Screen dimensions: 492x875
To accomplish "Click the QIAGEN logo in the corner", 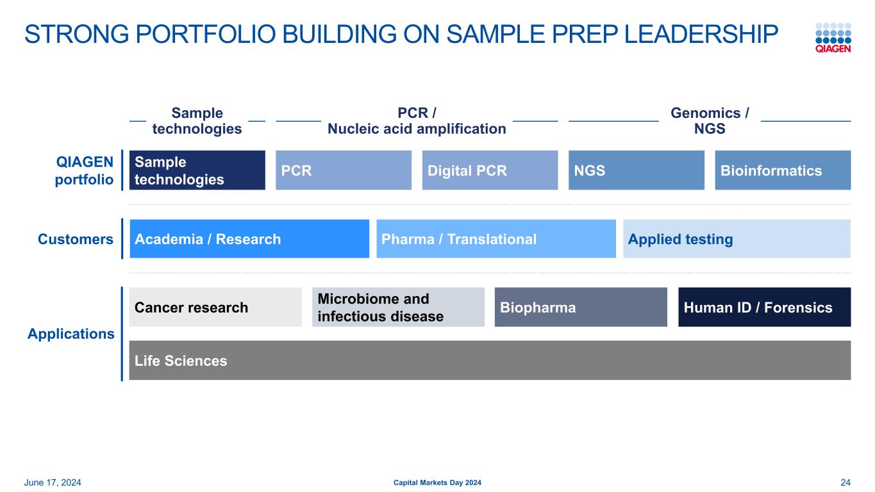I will pyautogui.click(x=833, y=38).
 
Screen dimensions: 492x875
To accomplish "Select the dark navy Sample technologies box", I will pyautogui.click(x=197, y=170).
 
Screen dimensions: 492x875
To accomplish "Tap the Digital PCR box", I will pyautogui.click(x=490, y=170).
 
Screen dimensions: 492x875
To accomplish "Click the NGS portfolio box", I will pyautogui.click(x=636, y=170).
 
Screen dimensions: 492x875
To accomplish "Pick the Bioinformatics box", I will pyautogui.click(x=782, y=170).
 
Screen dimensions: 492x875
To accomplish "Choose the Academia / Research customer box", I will pyautogui.click(x=249, y=239).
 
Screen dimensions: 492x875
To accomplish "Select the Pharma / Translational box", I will pyautogui.click(x=496, y=239).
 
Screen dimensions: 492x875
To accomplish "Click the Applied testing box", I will pyautogui.click(x=737, y=239).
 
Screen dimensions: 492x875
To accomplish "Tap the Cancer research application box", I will pyautogui.click(x=215, y=307).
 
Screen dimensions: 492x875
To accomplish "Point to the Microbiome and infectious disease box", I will pyautogui.click(x=398, y=307).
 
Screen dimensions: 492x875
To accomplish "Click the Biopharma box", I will pyautogui.click(x=581, y=307).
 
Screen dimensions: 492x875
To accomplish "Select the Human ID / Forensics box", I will pyautogui.click(x=764, y=307).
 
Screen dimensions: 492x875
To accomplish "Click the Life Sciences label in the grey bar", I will pyautogui.click(x=181, y=361).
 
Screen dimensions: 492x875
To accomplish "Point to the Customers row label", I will pyautogui.click(x=76, y=239).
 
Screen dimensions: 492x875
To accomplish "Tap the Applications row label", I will pyautogui.click(x=71, y=334).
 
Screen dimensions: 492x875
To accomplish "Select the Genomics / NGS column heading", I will pyautogui.click(x=710, y=121).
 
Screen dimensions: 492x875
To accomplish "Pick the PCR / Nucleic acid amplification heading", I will pyautogui.click(x=417, y=121).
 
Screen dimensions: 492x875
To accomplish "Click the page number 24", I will pyautogui.click(x=845, y=482).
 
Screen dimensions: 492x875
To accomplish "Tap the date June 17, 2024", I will pyautogui.click(x=53, y=482).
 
